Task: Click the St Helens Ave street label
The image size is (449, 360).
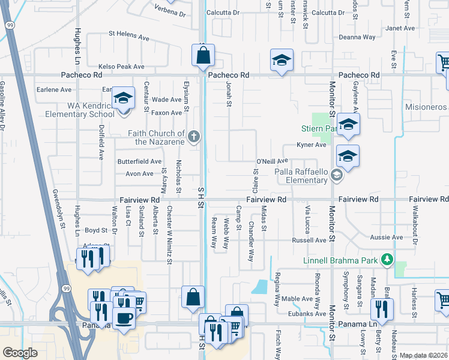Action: pyautogui.click(x=128, y=37)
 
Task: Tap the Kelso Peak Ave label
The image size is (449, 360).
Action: pyautogui.click(x=122, y=66)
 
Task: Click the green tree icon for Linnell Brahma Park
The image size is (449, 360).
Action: pyautogui.click(x=388, y=259)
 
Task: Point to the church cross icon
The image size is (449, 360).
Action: pyautogui.click(x=193, y=137)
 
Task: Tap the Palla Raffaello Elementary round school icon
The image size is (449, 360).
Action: pyautogui.click(x=336, y=175)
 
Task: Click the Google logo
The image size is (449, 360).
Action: pyautogui.click(x=20, y=353)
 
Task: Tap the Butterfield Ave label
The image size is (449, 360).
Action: pyautogui.click(x=139, y=161)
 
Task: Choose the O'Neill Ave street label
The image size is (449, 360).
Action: pyautogui.click(x=273, y=161)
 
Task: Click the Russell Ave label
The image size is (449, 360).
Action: pyautogui.click(x=309, y=240)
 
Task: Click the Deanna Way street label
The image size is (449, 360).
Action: pyautogui.click(x=357, y=37)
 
